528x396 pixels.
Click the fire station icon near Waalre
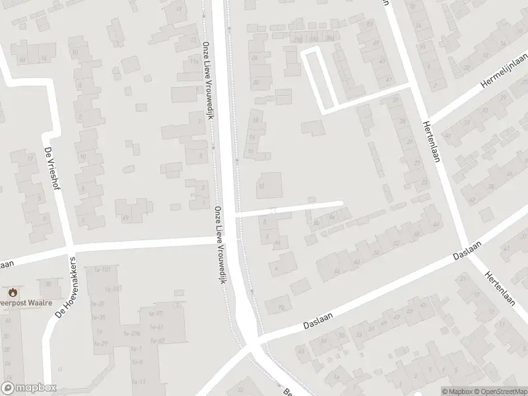point(12,292)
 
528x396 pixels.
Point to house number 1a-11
point(139,381)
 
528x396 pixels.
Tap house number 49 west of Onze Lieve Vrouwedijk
point(125,217)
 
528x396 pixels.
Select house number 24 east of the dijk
point(254,57)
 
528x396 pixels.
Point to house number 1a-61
point(158,327)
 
